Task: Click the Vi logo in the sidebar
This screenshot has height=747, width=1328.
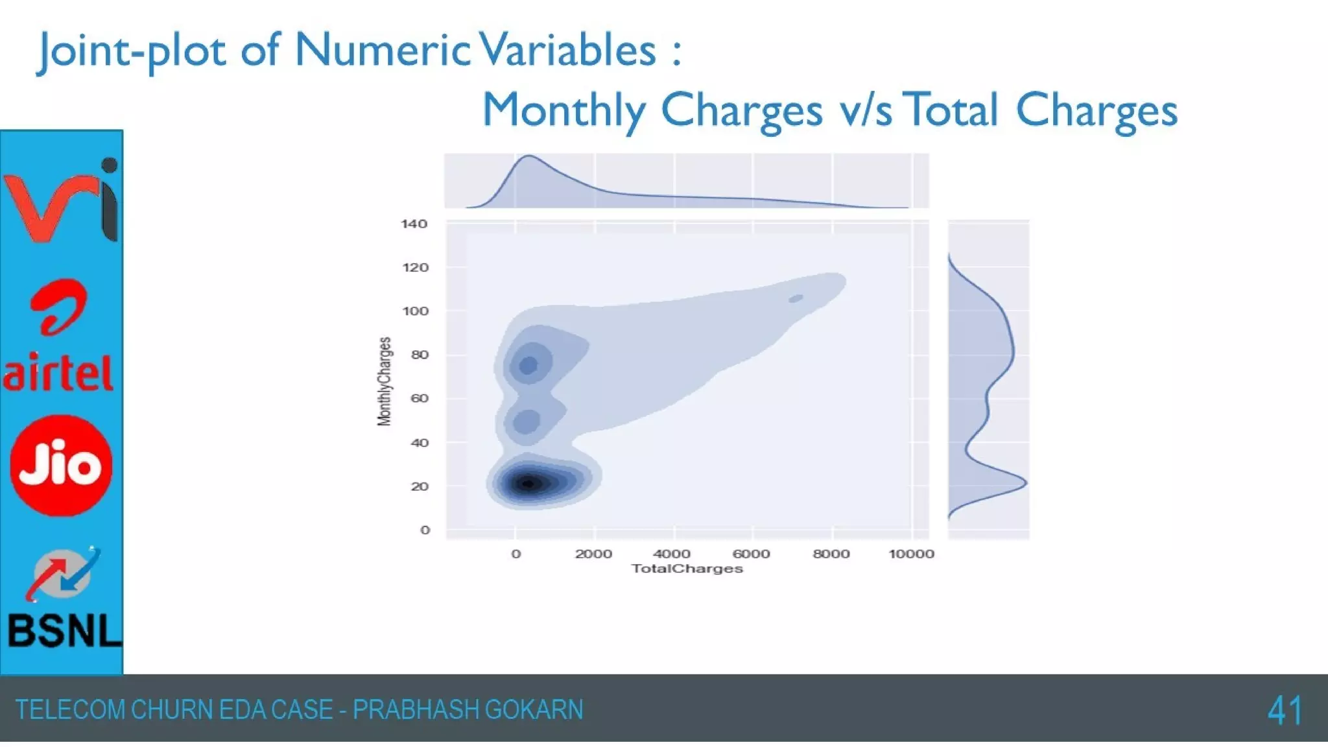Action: click(62, 200)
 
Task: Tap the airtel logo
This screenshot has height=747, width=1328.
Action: click(60, 337)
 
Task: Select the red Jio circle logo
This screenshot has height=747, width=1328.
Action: click(62, 466)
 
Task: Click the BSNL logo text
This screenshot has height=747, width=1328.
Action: click(64, 630)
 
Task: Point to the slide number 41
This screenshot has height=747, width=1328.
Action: click(1285, 711)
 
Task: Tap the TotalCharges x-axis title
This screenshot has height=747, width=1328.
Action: click(687, 569)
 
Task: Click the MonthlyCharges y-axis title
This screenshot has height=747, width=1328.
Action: click(385, 381)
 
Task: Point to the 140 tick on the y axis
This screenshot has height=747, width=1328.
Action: click(414, 224)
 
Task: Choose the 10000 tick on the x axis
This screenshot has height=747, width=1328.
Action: click(911, 554)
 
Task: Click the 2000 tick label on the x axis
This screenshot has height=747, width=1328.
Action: click(593, 554)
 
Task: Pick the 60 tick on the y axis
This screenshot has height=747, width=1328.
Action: click(420, 398)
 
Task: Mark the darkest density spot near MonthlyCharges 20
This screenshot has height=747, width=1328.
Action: click(529, 484)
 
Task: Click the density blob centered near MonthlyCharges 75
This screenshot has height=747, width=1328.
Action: click(529, 365)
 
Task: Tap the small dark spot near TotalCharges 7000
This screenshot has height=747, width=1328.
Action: click(796, 299)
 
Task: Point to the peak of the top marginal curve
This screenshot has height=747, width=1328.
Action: click(529, 156)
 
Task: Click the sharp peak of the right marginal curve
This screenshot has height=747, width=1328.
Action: click(1025, 482)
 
